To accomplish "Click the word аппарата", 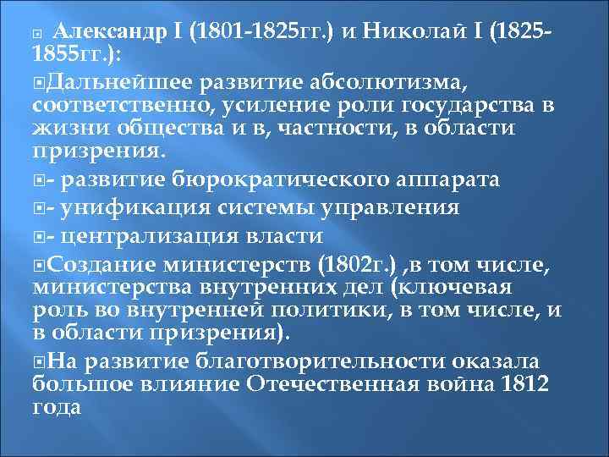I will click(453, 179).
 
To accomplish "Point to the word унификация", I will click(134, 207).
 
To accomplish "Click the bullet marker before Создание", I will click(39, 265).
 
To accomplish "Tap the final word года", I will click(57, 407).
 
